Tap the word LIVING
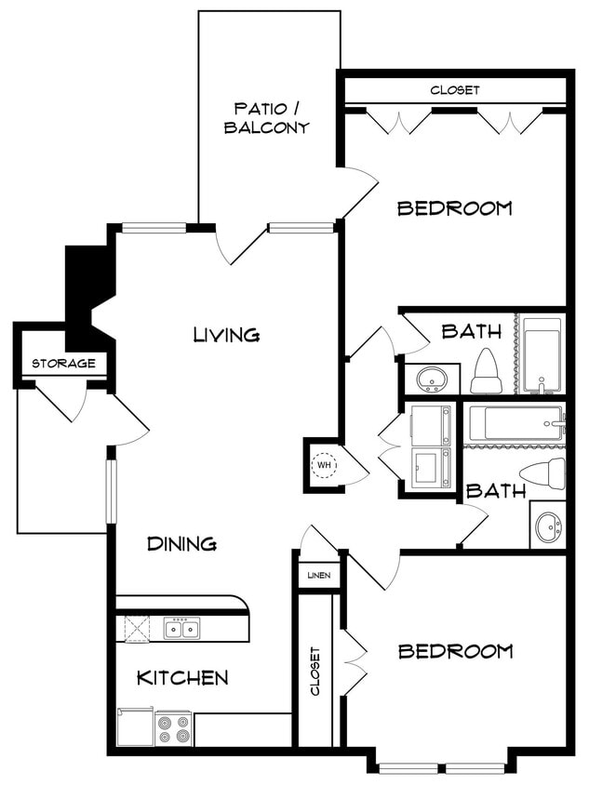[226, 334]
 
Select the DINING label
[181, 544]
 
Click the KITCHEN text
[182, 677]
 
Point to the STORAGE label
[63, 363]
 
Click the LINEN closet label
[319, 576]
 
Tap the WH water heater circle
[324, 464]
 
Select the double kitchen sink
[181, 630]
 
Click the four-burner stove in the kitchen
[173, 728]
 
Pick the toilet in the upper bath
[486, 371]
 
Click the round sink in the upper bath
[431, 379]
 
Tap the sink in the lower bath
[548, 526]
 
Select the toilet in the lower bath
[543, 472]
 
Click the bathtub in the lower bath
[515, 424]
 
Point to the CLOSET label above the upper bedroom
[455, 90]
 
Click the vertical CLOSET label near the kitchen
[315, 671]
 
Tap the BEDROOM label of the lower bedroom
[455, 651]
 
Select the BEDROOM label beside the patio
[454, 207]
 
